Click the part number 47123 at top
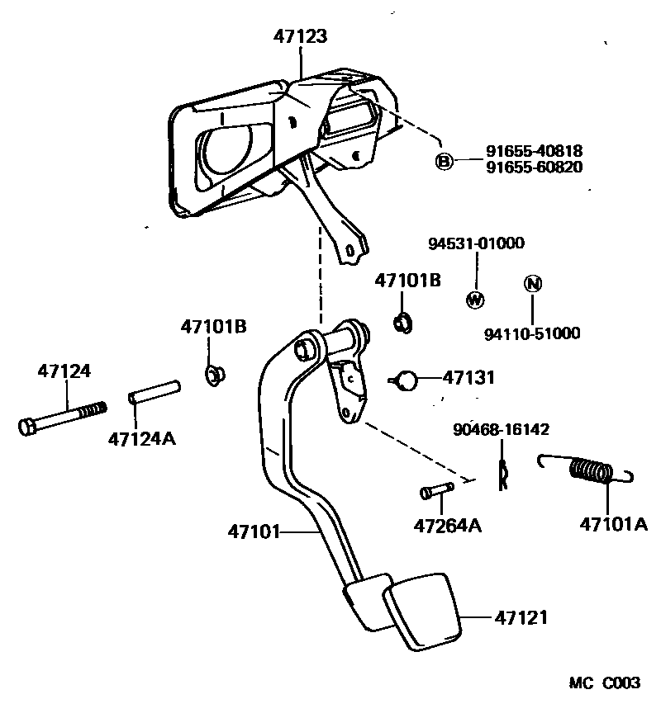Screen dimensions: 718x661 [301, 36]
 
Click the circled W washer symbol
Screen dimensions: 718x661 [475, 300]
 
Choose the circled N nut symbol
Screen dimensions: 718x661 [533, 285]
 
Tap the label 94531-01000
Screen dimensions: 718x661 [476, 243]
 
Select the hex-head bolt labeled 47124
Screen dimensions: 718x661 [61, 418]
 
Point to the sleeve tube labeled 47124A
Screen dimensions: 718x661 [154, 391]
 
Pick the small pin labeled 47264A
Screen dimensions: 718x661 [435, 491]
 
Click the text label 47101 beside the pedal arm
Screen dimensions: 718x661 [254, 531]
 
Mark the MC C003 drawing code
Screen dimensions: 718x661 [604, 683]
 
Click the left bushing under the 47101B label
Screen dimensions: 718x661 [215, 376]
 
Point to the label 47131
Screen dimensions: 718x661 [468, 378]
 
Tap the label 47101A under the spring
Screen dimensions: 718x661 [613, 524]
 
